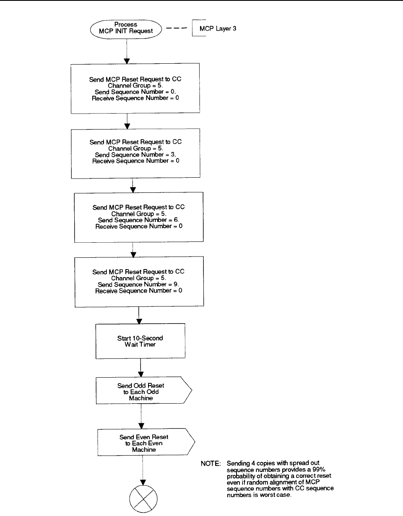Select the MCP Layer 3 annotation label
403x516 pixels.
(x=218, y=29)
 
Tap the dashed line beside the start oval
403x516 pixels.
(x=177, y=28)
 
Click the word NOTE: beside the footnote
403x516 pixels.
(x=211, y=464)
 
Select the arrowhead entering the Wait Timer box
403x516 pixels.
(x=139, y=321)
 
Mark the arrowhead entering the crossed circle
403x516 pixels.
(x=143, y=482)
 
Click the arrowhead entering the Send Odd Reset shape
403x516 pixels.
(x=141, y=374)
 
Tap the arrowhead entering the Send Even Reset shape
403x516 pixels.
(x=141, y=426)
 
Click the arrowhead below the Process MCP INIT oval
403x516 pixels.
(x=127, y=61)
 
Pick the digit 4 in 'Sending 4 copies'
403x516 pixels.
(x=253, y=463)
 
